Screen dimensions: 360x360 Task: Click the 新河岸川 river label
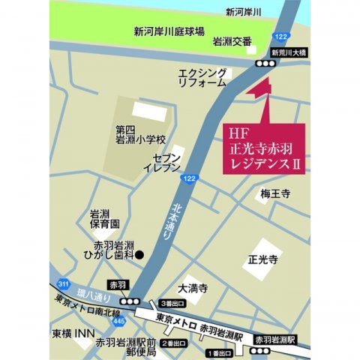[x=243, y=12]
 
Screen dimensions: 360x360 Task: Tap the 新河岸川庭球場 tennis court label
[x=169, y=32]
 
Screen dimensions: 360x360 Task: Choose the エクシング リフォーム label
[x=202, y=77]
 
